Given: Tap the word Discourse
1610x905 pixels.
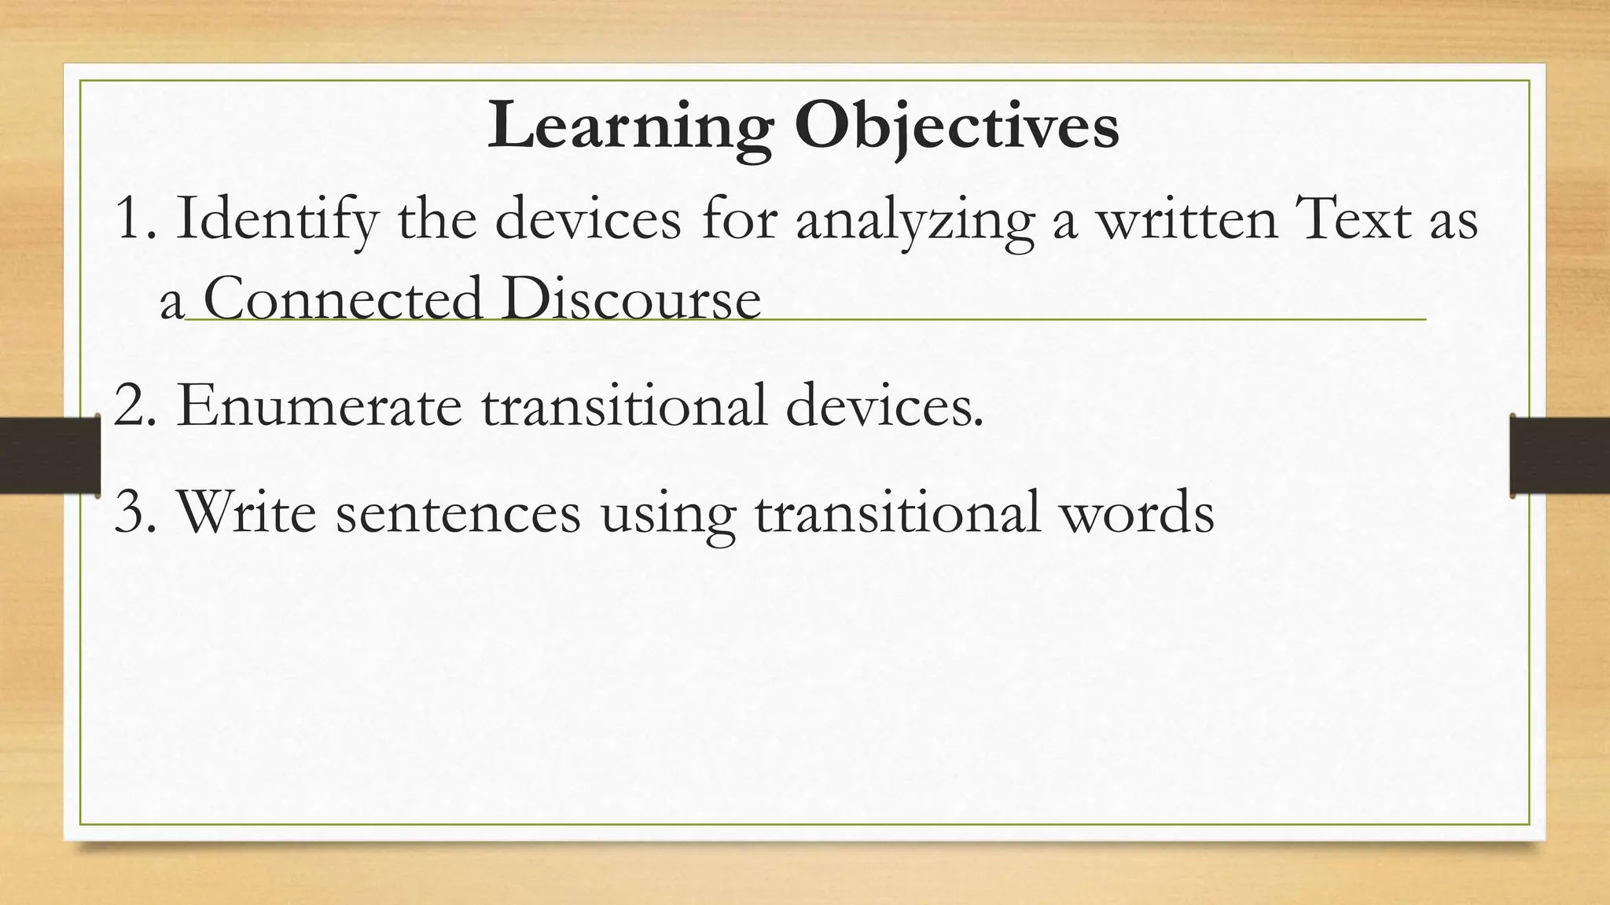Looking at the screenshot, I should (631, 300).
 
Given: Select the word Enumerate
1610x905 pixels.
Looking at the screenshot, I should (319, 406).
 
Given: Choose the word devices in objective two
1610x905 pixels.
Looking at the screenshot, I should (884, 406).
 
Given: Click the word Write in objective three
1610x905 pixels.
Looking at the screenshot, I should (247, 511).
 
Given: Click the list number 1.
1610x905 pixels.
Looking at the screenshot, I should (129, 219).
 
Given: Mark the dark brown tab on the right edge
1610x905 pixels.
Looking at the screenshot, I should (1560, 456).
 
